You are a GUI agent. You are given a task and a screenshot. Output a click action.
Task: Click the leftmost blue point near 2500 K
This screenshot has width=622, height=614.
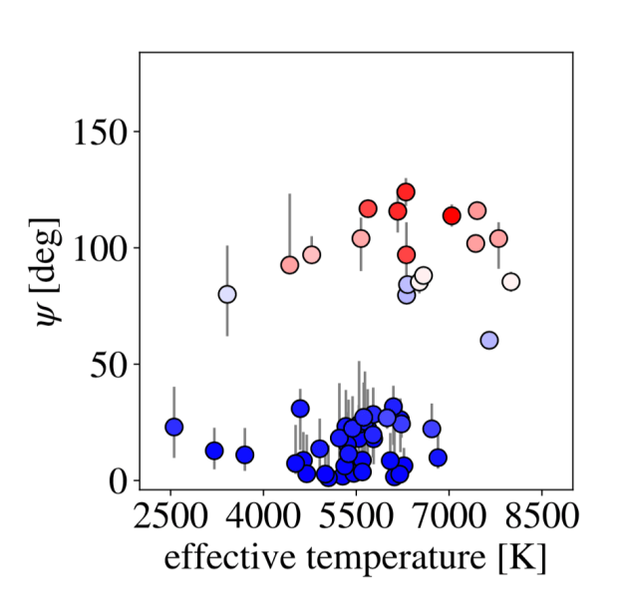(x=174, y=427)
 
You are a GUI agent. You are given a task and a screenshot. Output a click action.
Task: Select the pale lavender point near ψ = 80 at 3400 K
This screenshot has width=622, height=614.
(x=227, y=295)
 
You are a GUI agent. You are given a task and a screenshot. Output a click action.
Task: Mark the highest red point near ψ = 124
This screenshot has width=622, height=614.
(x=406, y=191)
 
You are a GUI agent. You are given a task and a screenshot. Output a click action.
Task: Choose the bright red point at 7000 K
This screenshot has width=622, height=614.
(x=452, y=215)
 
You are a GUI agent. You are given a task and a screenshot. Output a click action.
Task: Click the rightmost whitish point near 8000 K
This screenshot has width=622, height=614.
(x=511, y=282)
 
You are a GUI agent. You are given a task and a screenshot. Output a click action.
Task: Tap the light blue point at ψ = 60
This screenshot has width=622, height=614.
(x=489, y=340)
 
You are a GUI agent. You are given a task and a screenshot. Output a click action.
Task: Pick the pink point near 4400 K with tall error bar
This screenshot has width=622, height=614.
(x=290, y=265)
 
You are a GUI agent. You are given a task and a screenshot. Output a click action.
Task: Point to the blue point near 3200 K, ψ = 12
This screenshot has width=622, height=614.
(x=214, y=451)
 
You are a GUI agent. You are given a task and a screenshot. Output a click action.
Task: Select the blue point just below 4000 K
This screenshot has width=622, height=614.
(x=245, y=455)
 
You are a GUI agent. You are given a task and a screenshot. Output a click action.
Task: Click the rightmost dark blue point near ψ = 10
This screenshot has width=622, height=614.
(x=438, y=458)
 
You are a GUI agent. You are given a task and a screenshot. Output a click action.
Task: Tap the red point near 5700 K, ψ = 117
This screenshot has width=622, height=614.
(x=368, y=209)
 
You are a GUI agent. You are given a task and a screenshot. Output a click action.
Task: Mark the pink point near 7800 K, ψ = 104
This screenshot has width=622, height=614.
(x=498, y=238)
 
